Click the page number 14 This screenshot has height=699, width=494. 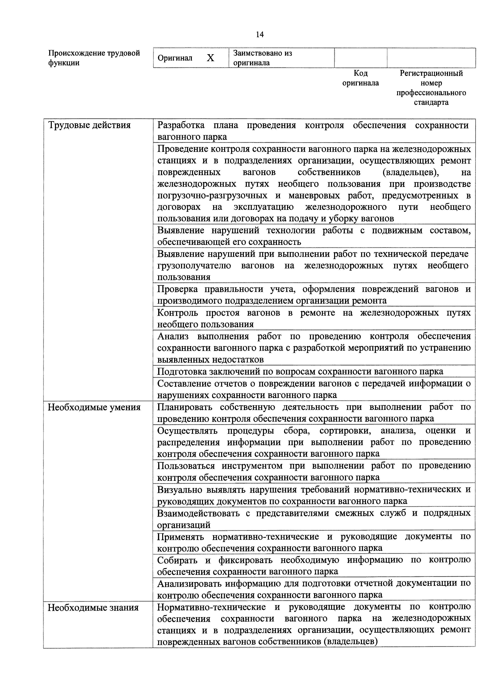(x=260, y=35)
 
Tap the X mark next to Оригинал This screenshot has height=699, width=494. (x=210, y=58)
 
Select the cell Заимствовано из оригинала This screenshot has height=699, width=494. (x=281, y=58)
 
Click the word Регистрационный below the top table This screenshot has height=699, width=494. (x=431, y=73)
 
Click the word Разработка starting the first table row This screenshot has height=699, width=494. (x=181, y=125)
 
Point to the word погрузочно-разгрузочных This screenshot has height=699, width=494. (x=212, y=195)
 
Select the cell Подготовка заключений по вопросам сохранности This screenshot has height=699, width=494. (x=300, y=371)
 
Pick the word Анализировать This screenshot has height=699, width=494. (x=189, y=583)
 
